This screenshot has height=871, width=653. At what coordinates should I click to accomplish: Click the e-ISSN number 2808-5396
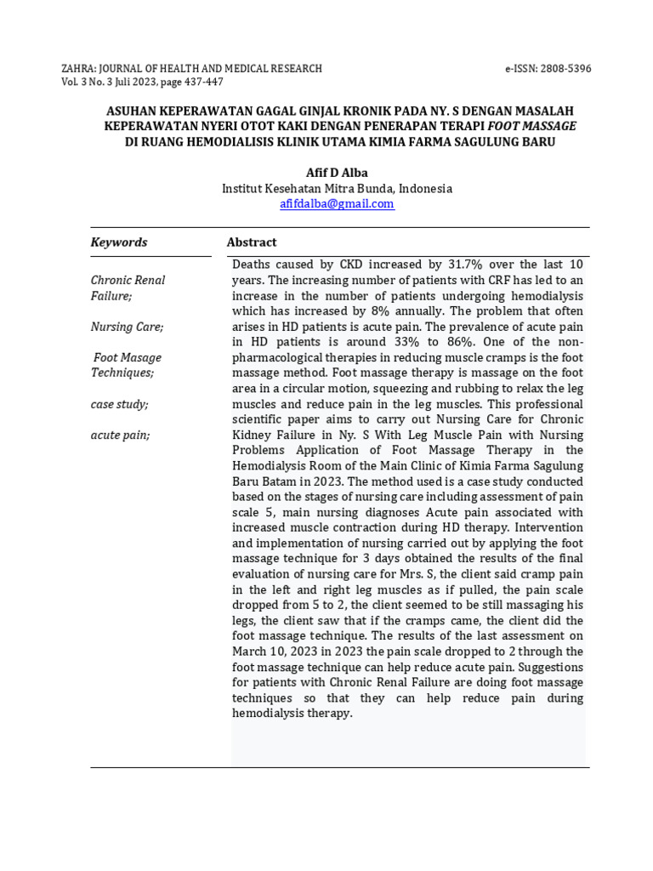click(x=561, y=69)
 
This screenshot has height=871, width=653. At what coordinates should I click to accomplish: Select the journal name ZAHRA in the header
click(x=79, y=69)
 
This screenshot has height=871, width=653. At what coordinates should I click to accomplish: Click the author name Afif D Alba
click(x=337, y=173)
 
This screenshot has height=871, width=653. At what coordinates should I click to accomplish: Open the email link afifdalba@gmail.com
click(x=337, y=204)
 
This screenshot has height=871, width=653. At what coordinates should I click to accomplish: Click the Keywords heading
click(x=119, y=242)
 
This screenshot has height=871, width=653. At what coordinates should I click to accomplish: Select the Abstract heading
click(x=252, y=242)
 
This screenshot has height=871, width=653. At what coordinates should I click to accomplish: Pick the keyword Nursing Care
click(x=127, y=327)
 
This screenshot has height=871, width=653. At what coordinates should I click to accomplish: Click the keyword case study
click(x=119, y=404)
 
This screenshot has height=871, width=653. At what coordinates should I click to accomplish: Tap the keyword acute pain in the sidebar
click(x=120, y=435)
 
